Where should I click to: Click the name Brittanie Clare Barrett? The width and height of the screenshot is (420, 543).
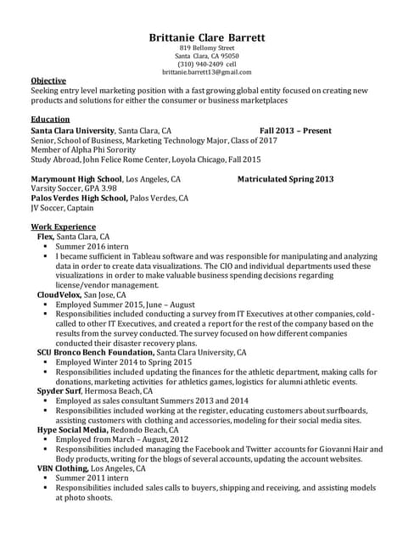pos(207,37)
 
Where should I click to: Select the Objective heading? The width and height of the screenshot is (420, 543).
pos(48,81)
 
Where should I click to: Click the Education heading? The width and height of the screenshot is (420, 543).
pos(50,120)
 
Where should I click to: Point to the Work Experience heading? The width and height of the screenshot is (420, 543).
pos(63,228)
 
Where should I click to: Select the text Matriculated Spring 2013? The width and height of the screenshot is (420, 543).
pos(285,180)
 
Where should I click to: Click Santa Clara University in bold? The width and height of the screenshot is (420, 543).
pos(72,131)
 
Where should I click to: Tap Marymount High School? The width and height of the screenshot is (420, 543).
pos(76,180)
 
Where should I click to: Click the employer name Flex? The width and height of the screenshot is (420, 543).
pos(45,238)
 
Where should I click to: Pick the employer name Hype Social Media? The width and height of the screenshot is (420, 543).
pos(71,429)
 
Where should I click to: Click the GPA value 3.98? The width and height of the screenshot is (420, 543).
pos(104,189)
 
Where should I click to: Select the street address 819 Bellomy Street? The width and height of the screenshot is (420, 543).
pos(207,48)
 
